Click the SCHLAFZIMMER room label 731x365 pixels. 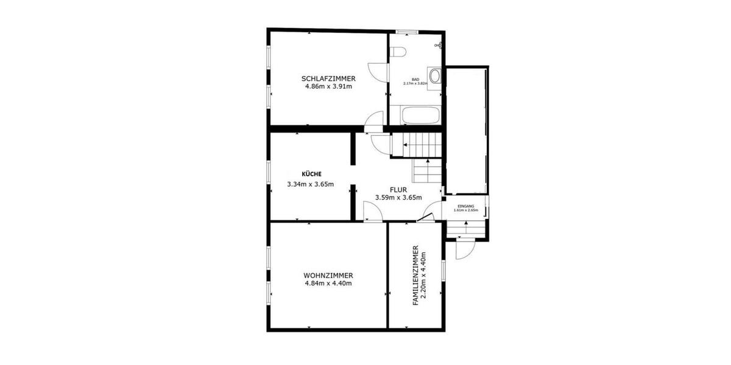pyautogui.click(x=328, y=78)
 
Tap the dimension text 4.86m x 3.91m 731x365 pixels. pyautogui.click(x=328, y=86)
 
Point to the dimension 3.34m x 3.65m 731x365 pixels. pyautogui.click(x=311, y=184)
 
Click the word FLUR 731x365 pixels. pyautogui.click(x=398, y=189)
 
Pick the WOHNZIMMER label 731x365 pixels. pyautogui.click(x=328, y=275)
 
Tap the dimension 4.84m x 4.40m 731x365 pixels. pyautogui.click(x=328, y=283)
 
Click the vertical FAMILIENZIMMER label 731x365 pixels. pyautogui.click(x=415, y=275)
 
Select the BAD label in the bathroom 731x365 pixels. pyautogui.click(x=415, y=80)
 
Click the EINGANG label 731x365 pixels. pyautogui.click(x=465, y=206)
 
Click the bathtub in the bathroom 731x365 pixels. pyautogui.click(x=420, y=115)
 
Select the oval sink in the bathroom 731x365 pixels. pyautogui.click(x=436, y=77)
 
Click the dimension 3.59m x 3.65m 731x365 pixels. pyautogui.click(x=398, y=198)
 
